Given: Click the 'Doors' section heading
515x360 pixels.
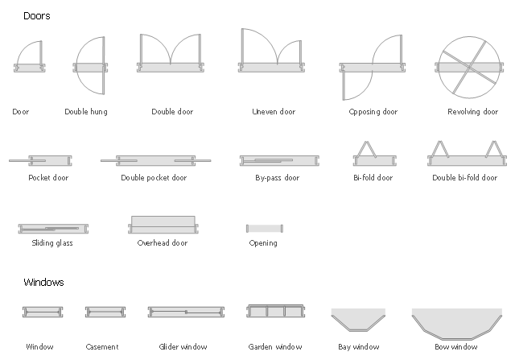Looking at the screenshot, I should click(x=37, y=16).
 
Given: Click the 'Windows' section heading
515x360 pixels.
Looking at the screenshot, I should click(x=43, y=283).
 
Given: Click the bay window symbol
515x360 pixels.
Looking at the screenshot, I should click(x=358, y=320).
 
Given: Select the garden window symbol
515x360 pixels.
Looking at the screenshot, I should click(x=274, y=313).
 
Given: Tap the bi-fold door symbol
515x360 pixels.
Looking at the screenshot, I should click(x=373, y=156).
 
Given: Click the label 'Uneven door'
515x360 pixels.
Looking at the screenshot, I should click(x=274, y=112).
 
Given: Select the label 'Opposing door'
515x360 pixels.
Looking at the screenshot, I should click(x=373, y=112).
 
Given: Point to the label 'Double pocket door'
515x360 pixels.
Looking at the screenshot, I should click(x=154, y=178).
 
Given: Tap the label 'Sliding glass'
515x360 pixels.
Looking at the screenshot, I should click(x=52, y=242).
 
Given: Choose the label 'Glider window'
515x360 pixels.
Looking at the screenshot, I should click(x=183, y=347).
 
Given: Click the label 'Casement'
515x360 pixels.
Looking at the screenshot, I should click(x=102, y=347).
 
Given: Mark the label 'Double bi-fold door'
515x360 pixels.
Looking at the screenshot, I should click(x=464, y=178).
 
